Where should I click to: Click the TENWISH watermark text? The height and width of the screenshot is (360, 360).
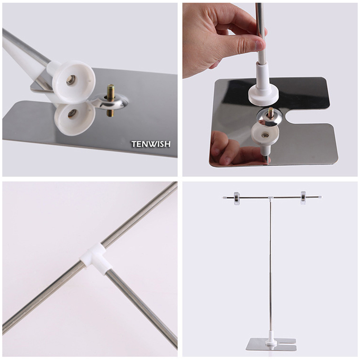[151, 144]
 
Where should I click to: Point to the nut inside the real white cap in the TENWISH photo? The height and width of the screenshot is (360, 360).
[71, 80]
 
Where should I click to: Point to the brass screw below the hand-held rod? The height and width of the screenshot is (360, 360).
[271, 112]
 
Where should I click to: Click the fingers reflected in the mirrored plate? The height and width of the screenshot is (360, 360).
[225, 148]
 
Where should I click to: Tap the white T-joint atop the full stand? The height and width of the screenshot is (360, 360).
[270, 198]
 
